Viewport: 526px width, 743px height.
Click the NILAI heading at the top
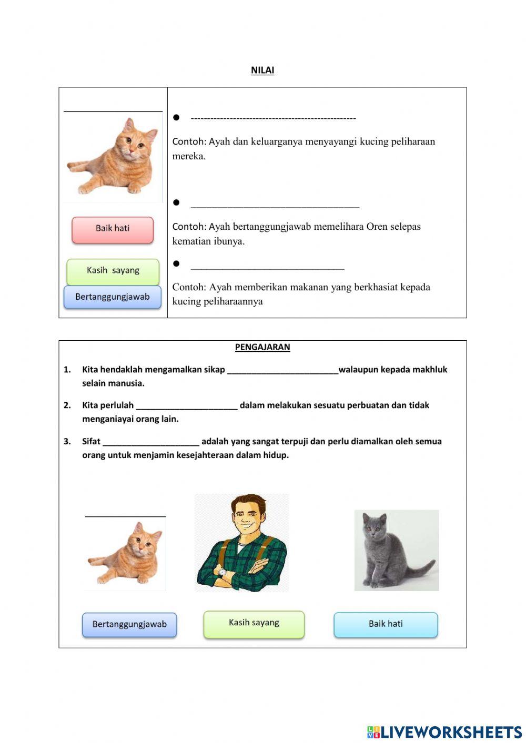262,70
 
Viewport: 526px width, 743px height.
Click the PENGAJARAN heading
262,347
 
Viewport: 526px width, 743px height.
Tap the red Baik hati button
113,230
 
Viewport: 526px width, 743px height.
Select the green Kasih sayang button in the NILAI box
113,271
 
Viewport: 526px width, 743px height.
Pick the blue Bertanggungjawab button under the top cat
113,297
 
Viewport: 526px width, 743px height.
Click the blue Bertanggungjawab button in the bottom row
129,625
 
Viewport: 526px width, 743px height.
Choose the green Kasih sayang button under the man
254,624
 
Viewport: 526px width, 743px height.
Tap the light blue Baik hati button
386,624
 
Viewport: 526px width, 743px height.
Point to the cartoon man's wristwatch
222,573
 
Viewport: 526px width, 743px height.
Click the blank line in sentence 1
282,370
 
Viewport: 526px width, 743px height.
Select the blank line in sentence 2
187,406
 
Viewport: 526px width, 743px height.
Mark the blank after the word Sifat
151,442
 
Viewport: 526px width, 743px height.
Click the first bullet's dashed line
273,118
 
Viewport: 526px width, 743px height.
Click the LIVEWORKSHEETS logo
444,732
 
